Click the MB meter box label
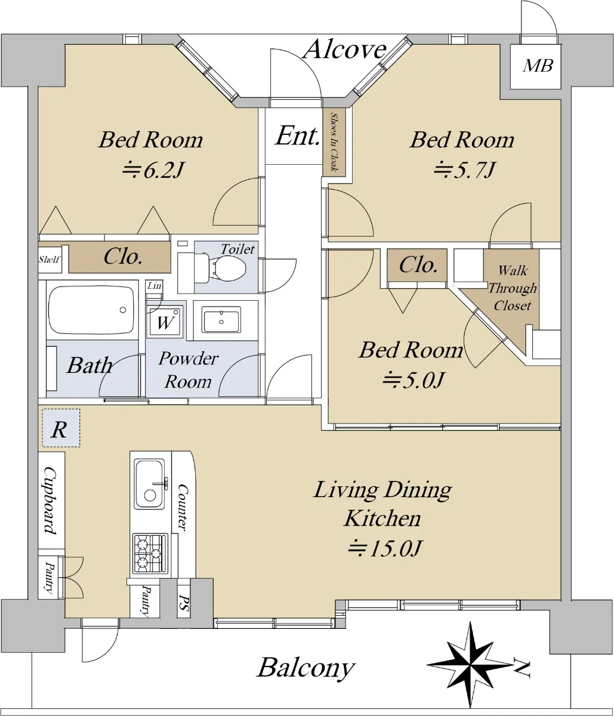click(538, 66)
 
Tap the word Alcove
click(345, 50)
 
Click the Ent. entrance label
click(297, 136)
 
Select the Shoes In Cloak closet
click(334, 142)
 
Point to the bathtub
click(91, 310)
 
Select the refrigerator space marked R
click(61, 428)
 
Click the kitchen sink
click(150, 484)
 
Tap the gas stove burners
click(150, 554)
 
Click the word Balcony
click(306, 668)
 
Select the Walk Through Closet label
click(512, 288)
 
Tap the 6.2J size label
click(152, 170)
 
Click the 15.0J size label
click(385, 548)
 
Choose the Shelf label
click(50, 259)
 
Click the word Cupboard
click(51, 501)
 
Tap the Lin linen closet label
click(154, 285)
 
